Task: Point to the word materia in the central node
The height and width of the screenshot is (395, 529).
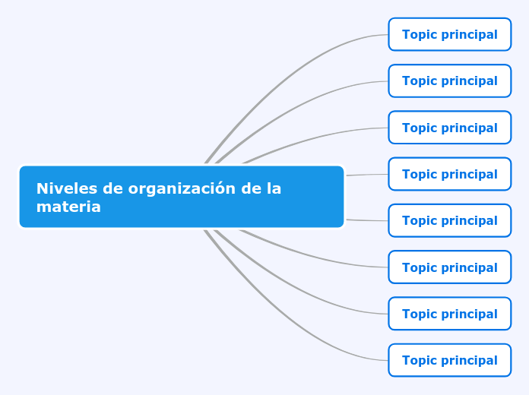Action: [x=68, y=207]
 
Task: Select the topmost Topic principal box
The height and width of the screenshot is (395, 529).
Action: [x=450, y=34]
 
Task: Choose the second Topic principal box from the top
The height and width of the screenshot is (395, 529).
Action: [x=450, y=81]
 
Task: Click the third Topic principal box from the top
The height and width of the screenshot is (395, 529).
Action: [x=450, y=128]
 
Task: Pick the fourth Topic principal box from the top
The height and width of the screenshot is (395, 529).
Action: [x=450, y=174]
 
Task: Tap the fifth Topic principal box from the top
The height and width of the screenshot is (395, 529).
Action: [x=450, y=220]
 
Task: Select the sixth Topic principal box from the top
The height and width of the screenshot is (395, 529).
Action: [x=450, y=267]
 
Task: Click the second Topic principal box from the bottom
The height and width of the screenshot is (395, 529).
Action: [x=450, y=314]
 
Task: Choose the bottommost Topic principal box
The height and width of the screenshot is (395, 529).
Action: [x=450, y=360]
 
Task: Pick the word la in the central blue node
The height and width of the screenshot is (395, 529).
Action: [x=274, y=188]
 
